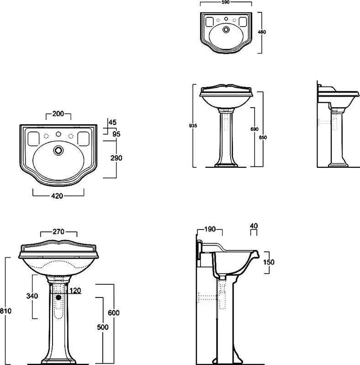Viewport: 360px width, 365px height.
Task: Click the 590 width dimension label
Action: [226, 2]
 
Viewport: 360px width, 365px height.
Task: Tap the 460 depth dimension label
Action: [262, 32]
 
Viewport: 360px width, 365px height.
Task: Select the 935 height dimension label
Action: [193, 126]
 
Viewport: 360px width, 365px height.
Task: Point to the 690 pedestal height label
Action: [254, 129]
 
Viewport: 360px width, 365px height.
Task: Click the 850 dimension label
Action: [263, 137]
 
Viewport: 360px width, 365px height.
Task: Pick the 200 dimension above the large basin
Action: [58, 114]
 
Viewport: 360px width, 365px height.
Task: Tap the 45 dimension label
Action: [113, 122]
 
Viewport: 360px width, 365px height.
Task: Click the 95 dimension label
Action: [116, 134]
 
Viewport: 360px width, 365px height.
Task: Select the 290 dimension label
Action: [116, 158]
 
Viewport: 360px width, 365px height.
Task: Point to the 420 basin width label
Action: [57, 196]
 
